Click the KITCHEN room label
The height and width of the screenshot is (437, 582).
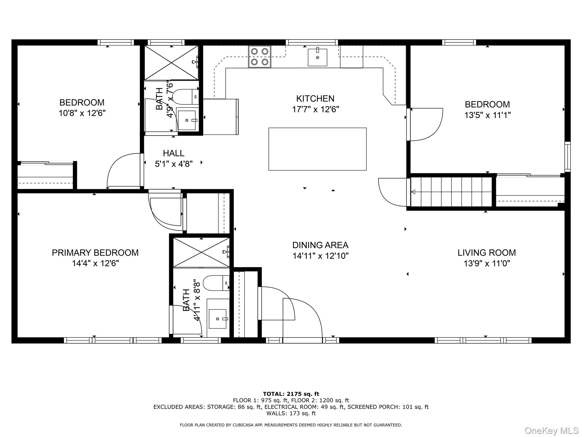click(315, 99)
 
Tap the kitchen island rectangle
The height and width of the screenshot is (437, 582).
click(317, 149)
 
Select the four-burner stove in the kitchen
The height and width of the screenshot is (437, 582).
click(259, 57)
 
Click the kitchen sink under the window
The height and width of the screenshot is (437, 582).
click(317, 57)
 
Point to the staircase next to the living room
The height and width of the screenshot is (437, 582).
click(451, 192)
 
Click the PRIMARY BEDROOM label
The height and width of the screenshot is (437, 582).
click(95, 253)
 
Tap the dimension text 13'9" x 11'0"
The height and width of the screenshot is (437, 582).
click(487, 263)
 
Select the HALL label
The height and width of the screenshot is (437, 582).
click(173, 153)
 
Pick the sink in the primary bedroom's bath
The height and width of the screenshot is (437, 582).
click(218, 319)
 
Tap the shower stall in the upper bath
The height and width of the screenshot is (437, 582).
click(171, 63)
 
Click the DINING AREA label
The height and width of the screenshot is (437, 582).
click(320, 245)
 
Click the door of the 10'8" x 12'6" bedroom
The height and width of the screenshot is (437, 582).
click(124, 170)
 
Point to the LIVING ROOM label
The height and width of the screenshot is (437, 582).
click(487, 253)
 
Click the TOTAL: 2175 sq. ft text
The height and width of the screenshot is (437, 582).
click(291, 394)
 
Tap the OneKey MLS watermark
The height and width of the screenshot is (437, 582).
click(551, 431)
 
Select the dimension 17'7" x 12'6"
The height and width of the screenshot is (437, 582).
click(315, 110)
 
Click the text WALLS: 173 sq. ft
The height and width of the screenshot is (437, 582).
click(291, 413)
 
